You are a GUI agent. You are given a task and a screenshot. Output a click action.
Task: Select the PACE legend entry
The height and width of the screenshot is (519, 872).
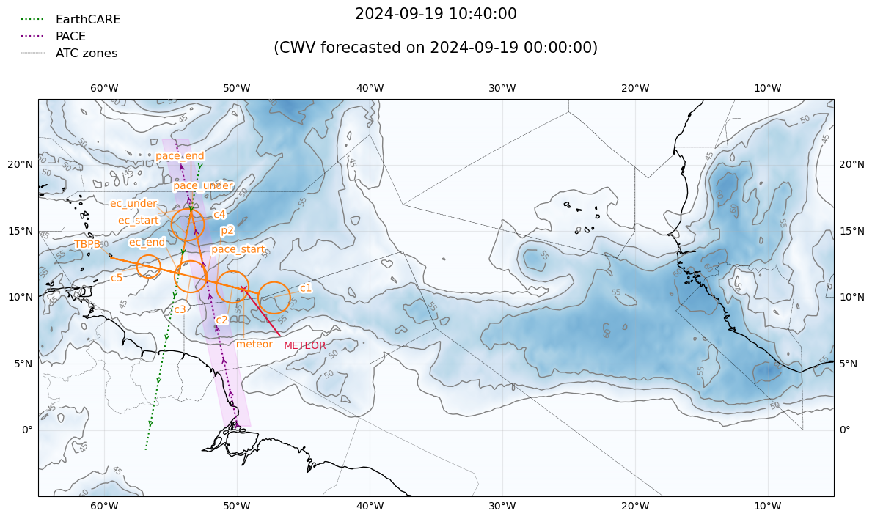[x=70, y=37]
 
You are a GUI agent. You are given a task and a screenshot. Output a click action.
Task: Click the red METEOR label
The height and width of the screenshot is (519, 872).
[x=304, y=346]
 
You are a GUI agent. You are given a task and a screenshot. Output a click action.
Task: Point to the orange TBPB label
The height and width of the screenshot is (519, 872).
[x=87, y=245]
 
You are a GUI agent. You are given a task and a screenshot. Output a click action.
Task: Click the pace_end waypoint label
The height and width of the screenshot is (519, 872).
[x=180, y=156]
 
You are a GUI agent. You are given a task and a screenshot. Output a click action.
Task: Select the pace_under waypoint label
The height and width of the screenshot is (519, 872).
[x=203, y=186]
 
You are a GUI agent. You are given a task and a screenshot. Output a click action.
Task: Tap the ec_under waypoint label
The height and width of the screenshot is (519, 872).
[x=133, y=204]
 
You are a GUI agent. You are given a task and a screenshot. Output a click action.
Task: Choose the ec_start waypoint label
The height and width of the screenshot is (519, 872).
[x=139, y=221]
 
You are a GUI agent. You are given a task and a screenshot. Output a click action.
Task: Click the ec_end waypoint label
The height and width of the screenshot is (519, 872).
[x=147, y=243]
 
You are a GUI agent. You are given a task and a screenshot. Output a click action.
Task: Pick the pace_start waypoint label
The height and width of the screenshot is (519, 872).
[x=238, y=249]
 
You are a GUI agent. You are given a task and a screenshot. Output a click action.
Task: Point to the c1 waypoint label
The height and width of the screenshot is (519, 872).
[x=306, y=288]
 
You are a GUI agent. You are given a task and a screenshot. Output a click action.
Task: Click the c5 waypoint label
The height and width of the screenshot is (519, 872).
[x=117, y=279]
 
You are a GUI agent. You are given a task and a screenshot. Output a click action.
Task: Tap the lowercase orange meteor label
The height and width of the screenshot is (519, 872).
[x=254, y=345]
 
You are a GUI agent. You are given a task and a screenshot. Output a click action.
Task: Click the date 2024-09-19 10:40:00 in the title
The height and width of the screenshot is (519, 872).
[x=436, y=14]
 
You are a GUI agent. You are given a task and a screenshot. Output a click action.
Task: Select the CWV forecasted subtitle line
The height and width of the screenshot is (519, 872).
[x=436, y=48]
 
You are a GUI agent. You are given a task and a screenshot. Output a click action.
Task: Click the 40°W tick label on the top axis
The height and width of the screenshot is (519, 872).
[x=370, y=89]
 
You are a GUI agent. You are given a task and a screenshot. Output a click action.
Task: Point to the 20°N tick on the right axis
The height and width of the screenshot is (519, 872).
[x=851, y=164]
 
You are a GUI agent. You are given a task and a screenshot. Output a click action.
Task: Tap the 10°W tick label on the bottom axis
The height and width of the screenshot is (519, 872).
[x=767, y=507]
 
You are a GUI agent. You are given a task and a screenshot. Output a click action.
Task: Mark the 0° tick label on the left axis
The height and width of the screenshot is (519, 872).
[x=27, y=430]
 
